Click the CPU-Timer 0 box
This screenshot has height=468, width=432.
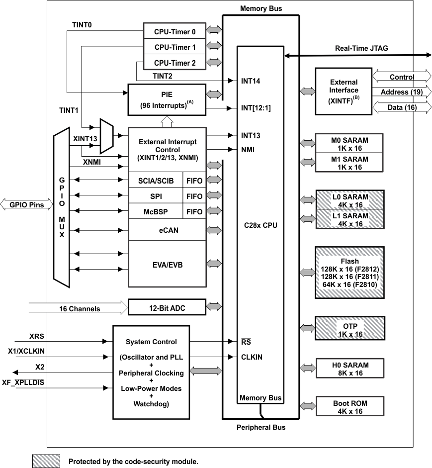point(174,31)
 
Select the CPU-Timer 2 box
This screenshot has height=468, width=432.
point(174,63)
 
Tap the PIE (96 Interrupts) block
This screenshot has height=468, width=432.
point(167,99)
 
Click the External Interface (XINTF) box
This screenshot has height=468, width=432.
point(344,90)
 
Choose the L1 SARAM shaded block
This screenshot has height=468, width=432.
point(349,220)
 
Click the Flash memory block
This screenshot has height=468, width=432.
point(349,273)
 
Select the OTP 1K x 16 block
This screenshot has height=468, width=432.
point(349,330)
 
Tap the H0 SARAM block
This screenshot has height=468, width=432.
point(349,369)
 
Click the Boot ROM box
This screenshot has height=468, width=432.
point(349,407)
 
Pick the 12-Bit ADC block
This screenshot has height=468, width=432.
point(167,307)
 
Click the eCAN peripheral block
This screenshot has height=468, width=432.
point(167,230)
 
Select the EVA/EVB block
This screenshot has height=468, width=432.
point(167,265)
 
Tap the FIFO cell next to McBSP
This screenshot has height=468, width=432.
point(194,212)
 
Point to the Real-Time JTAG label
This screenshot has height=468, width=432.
point(361,48)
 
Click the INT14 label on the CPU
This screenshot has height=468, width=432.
point(251,81)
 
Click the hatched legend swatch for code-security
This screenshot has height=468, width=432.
point(46,461)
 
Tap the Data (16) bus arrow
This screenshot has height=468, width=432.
point(401,107)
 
